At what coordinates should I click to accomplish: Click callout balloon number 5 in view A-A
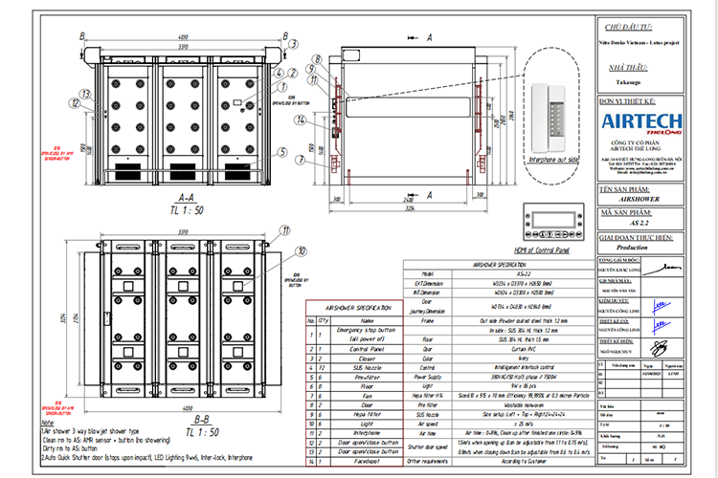click(281, 152)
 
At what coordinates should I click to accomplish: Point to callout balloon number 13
click(84, 94)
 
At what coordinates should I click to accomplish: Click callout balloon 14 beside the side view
click(300, 119)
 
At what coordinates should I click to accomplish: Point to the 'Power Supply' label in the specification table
click(429, 376)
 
